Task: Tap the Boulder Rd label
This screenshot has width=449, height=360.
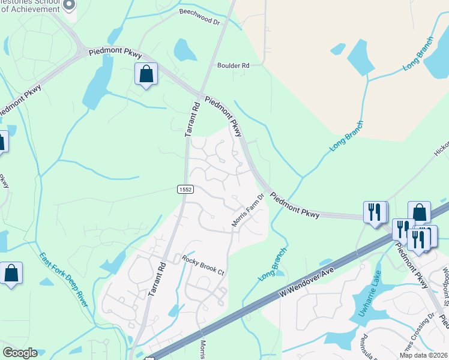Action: [233, 65]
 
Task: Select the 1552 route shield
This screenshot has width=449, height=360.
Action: [185, 189]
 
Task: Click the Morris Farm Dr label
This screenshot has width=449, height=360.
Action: [249, 210]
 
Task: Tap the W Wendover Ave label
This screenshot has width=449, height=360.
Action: [306, 281]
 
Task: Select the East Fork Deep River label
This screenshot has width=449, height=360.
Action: [63, 279]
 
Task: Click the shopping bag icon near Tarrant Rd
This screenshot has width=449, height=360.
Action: [146, 74]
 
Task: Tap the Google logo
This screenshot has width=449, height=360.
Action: [19, 353]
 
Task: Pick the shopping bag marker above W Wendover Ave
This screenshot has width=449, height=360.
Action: [419, 212]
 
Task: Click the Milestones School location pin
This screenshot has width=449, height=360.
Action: [68, 5]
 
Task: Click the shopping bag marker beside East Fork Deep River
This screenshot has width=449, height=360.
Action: [11, 273]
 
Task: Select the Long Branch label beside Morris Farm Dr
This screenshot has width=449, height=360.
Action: [273, 266]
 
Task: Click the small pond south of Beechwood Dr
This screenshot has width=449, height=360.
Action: [184, 50]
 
